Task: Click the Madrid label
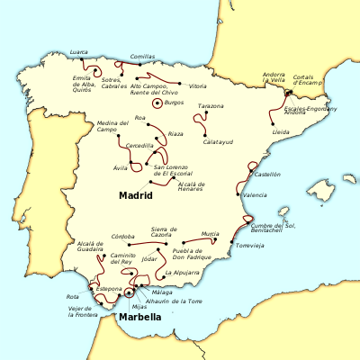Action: [135, 194]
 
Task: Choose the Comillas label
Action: [142, 57]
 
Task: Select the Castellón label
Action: [267, 174]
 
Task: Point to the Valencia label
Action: [256, 195]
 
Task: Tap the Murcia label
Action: [211, 233]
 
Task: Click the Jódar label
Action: [149, 259]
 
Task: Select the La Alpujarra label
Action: [183, 271]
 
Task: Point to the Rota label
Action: [73, 296]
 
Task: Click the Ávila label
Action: [120, 167]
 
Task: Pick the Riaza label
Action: [175, 134]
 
